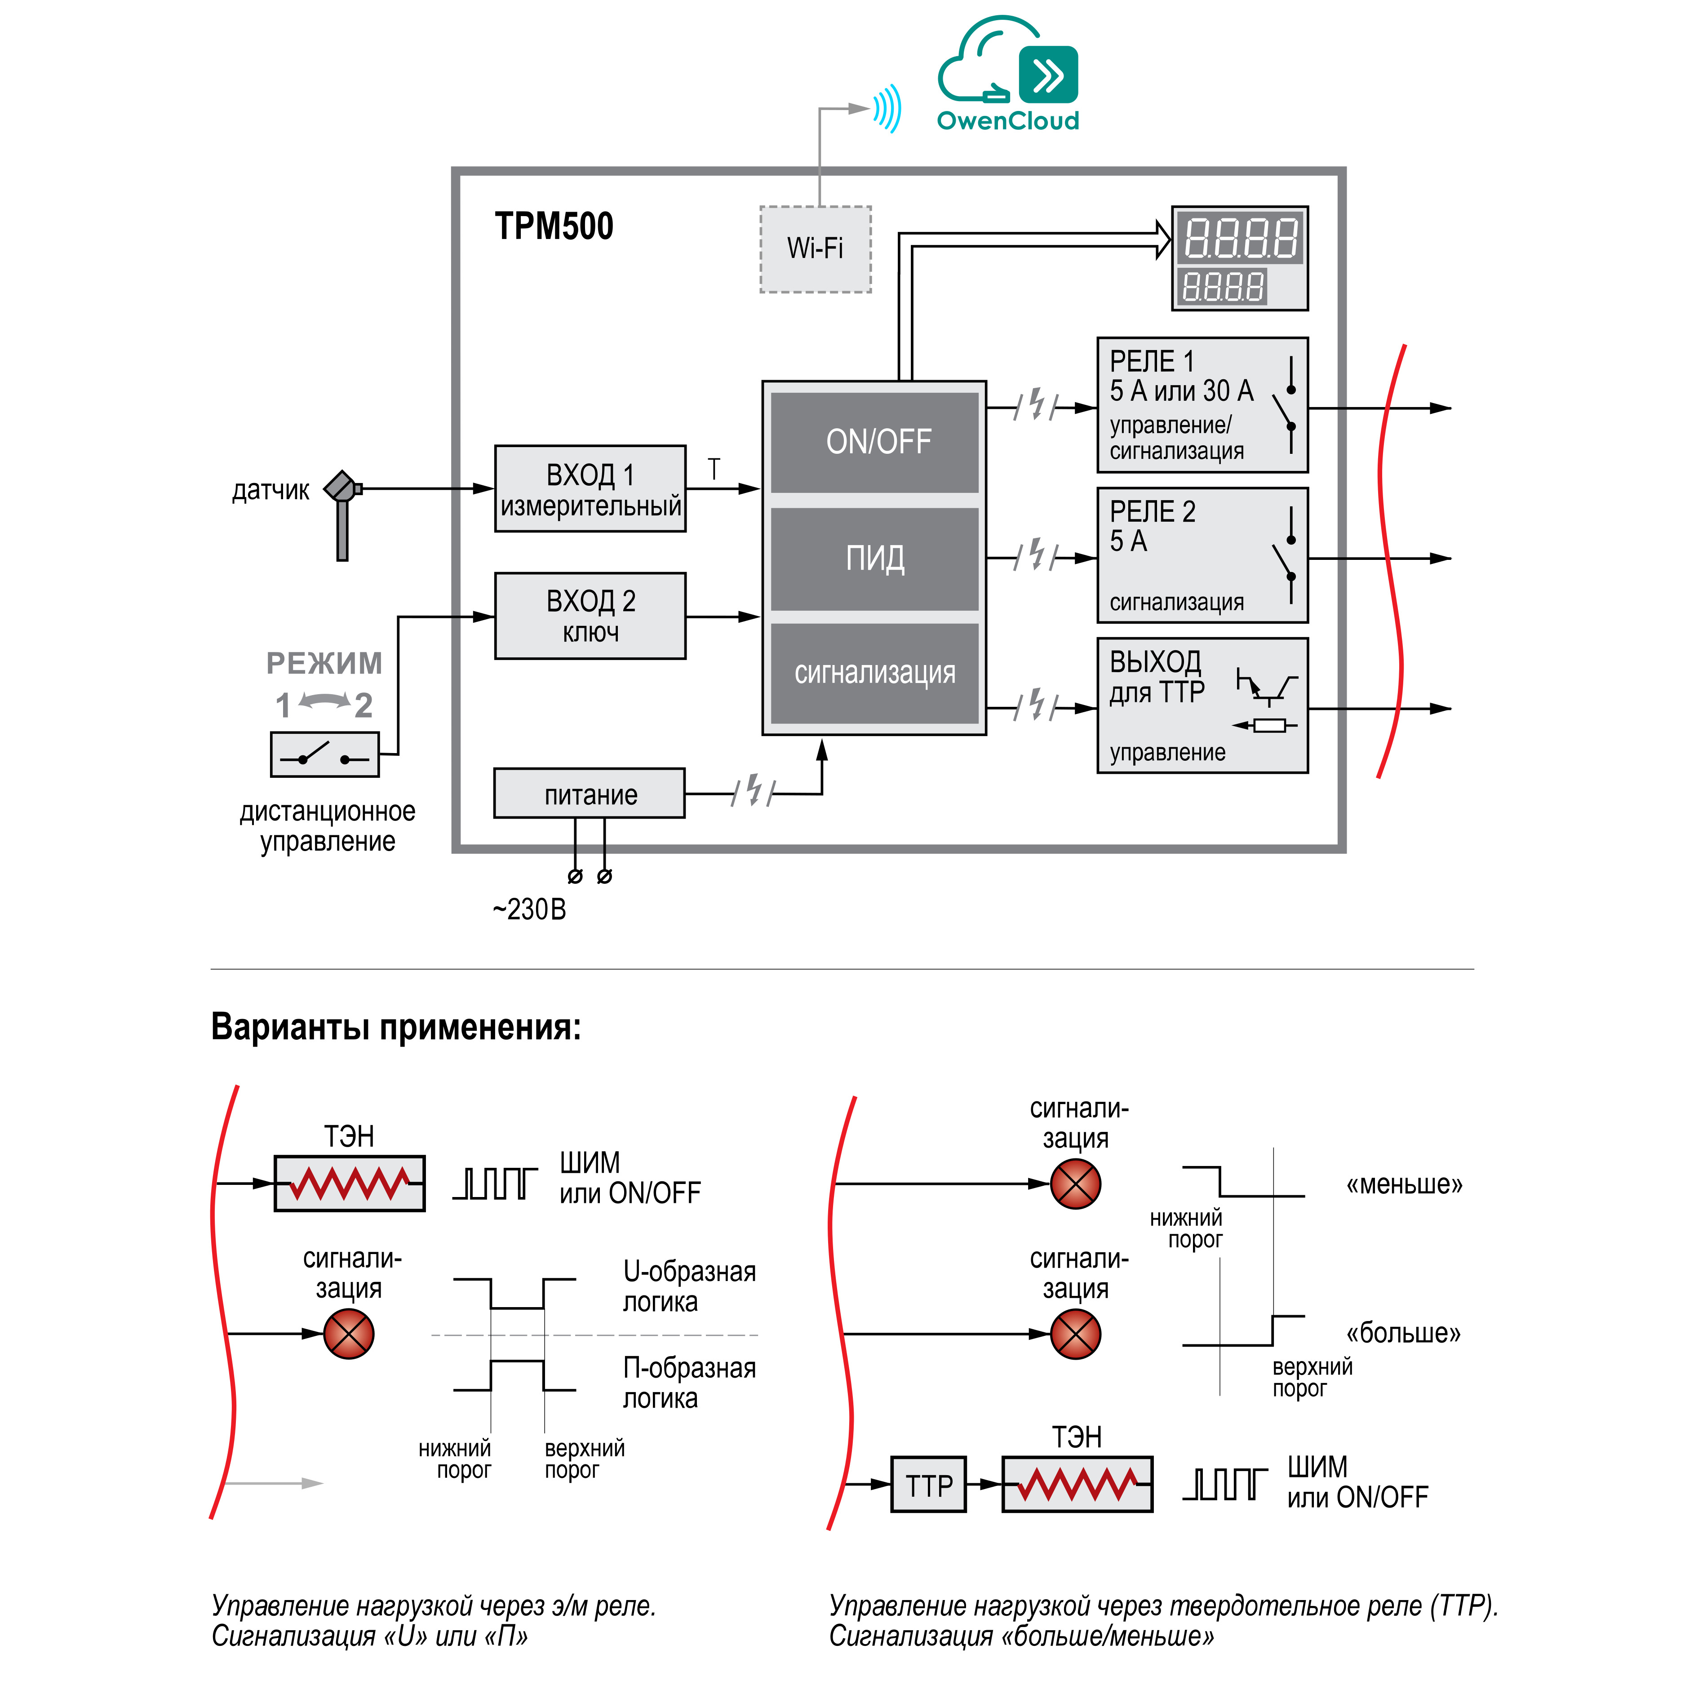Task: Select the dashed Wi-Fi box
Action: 816,249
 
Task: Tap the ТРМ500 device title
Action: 554,226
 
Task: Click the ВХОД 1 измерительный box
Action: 590,489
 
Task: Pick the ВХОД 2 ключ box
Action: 590,616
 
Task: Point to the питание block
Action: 590,794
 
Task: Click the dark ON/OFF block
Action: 875,442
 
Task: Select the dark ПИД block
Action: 875,558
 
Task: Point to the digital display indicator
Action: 1239,258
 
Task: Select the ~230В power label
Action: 529,909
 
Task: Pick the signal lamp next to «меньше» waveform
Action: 1075,1184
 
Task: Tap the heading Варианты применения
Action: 396,1027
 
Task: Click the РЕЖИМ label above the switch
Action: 324,664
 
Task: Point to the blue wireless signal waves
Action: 888,109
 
